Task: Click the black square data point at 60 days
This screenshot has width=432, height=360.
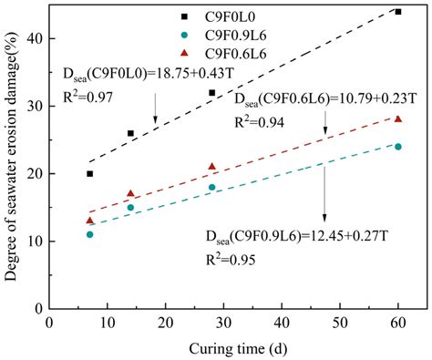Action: coord(398,12)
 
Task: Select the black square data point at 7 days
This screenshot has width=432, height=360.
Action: coord(89,173)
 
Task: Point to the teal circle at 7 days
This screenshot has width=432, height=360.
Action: coord(89,234)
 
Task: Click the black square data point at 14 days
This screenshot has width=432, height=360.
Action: coord(130,133)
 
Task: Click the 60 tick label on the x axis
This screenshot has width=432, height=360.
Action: coord(398,323)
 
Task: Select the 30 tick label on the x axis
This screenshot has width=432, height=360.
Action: coord(223,323)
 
